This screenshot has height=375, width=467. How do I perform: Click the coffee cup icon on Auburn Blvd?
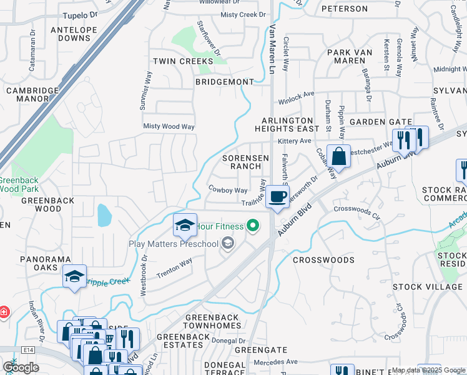pyautogui.click(x=277, y=196)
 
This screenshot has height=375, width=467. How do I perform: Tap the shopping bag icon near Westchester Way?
pyautogui.click(x=338, y=156)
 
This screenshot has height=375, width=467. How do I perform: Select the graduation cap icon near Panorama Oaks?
pyautogui.click(x=74, y=276)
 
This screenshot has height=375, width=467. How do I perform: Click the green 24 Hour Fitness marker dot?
pyautogui.click(x=252, y=226)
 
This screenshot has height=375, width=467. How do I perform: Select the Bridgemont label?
pyautogui.click(x=225, y=82)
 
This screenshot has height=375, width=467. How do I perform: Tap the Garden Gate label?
pyautogui.click(x=380, y=122)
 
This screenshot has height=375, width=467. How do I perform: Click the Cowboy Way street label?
pyautogui.click(x=229, y=189)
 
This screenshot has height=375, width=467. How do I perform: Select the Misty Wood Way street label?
pyautogui.click(x=169, y=126)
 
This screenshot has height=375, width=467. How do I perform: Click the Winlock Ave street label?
pyautogui.click(x=297, y=96)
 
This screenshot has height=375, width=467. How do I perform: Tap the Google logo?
pyautogui.click(x=21, y=368)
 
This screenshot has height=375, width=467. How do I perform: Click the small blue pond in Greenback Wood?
pyautogui.click(x=104, y=216)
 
